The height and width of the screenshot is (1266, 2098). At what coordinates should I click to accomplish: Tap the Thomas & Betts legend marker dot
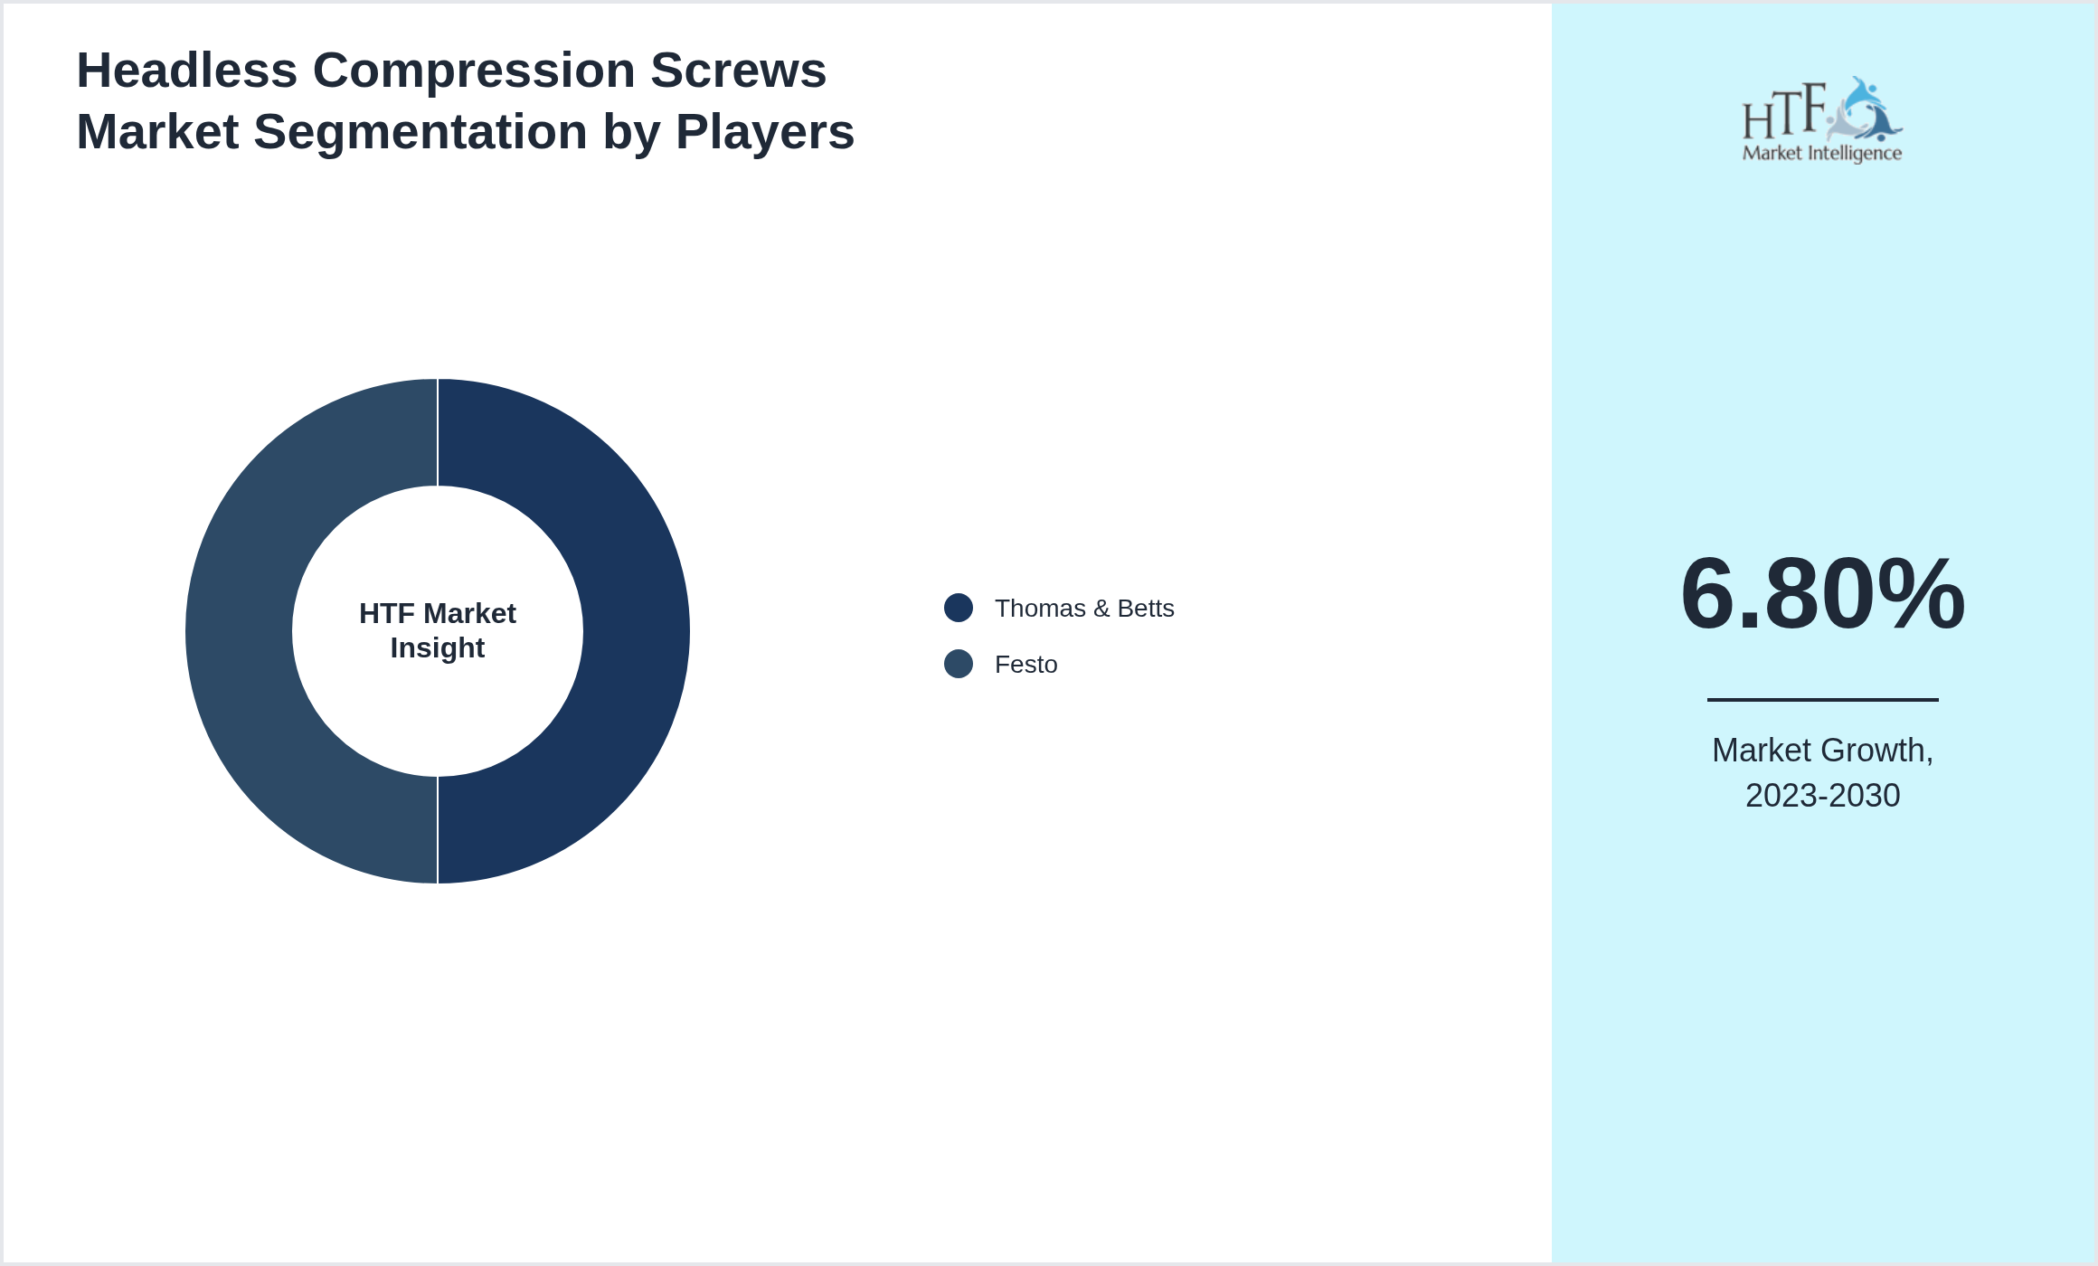[958, 608]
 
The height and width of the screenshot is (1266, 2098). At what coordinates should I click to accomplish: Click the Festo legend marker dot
[958, 664]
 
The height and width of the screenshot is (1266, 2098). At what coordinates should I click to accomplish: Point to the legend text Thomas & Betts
[1083, 609]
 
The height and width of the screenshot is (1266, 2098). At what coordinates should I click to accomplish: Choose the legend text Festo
[1025, 665]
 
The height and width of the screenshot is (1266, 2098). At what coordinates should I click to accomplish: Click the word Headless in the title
[186, 71]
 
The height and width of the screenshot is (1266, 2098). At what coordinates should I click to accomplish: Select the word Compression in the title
[474, 71]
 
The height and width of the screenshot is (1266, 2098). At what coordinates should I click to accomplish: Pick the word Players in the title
[764, 132]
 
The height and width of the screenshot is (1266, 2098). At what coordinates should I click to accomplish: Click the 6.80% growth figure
[1822, 594]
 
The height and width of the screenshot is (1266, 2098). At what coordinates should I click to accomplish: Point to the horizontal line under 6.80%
[1822, 699]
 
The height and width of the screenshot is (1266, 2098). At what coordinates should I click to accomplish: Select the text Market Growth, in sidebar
[1822, 751]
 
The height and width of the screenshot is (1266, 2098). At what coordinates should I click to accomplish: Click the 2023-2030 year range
[1822, 796]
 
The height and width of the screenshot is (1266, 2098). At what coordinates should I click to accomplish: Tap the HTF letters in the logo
[1783, 112]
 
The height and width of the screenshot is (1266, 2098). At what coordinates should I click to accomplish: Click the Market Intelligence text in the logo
[1821, 153]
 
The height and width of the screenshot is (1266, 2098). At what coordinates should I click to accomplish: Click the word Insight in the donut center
[438, 648]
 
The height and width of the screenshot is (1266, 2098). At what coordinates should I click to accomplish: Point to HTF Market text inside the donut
[438, 614]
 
